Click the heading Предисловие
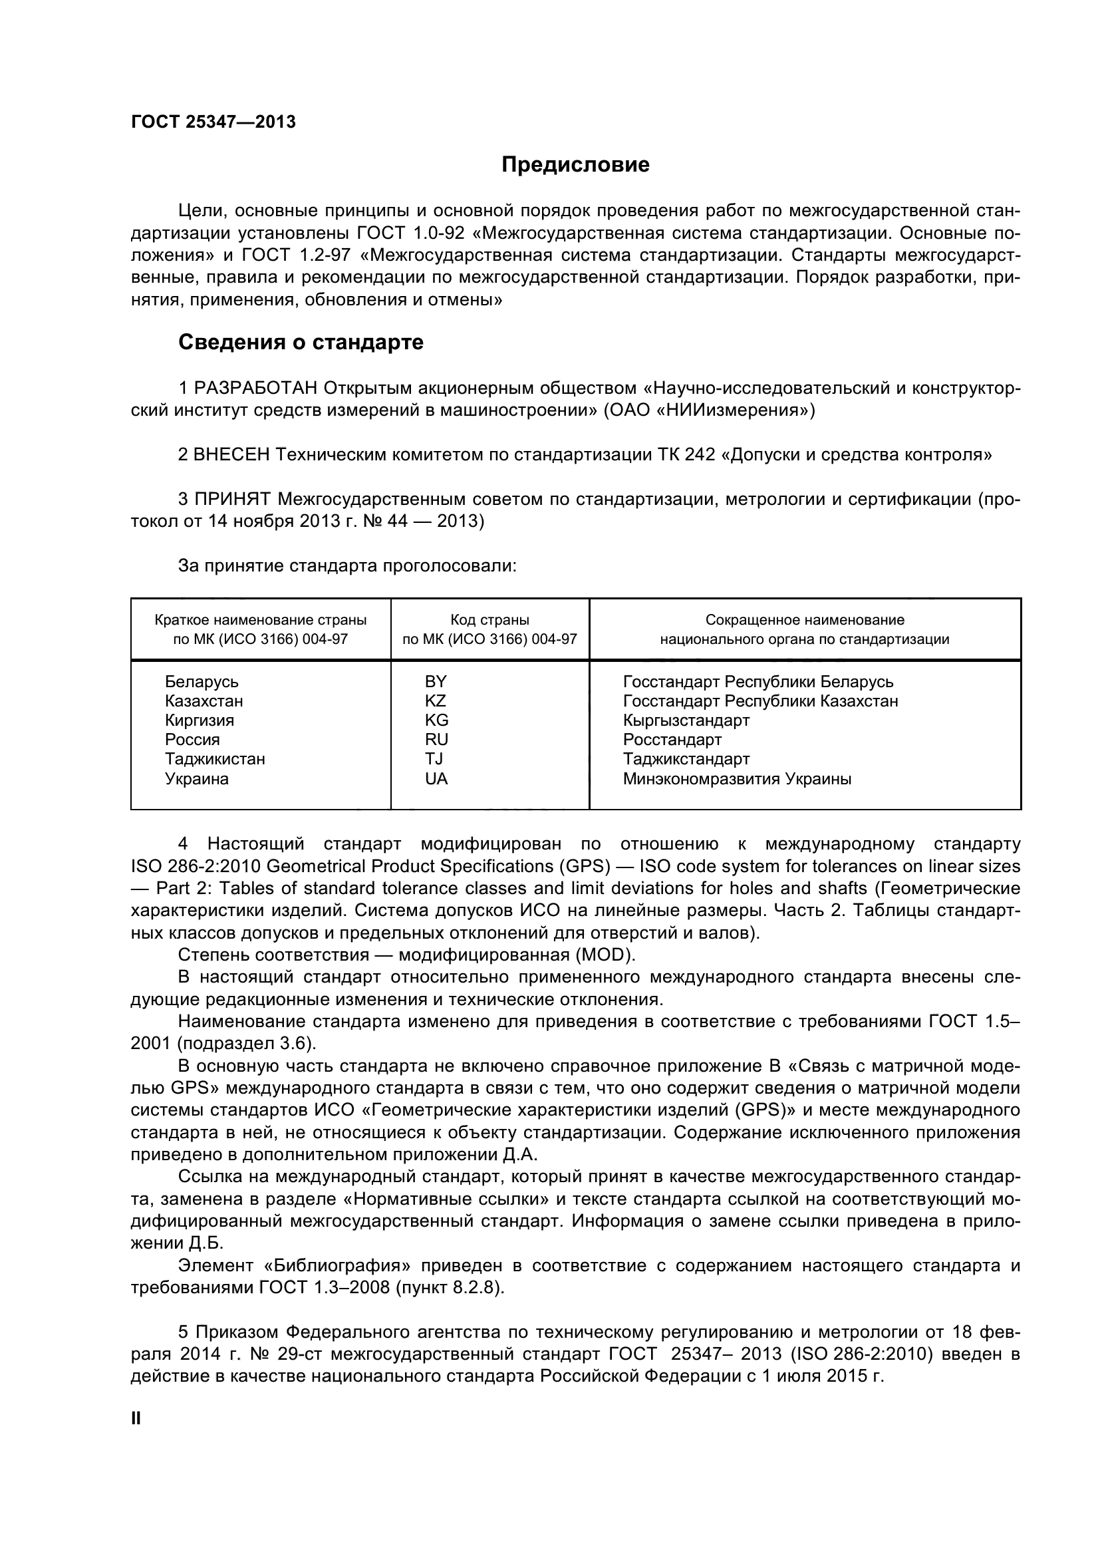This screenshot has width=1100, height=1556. pos(575,165)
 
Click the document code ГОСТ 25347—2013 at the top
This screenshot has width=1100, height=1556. pos(213,122)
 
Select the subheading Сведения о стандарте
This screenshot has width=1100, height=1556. pos(301,342)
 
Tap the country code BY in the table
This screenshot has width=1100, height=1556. pos(436,682)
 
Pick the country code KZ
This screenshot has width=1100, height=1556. pos(436,700)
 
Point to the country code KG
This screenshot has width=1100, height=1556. pos(436,720)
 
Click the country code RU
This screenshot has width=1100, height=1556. pos(436,739)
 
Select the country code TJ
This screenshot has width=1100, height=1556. pos(434,759)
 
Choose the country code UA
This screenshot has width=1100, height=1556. pos(436,779)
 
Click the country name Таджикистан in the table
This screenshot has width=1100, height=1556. pos(215,759)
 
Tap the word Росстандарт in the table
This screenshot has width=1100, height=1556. pos(672,739)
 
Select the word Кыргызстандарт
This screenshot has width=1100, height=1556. pos(686,720)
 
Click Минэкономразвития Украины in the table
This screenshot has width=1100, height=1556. pos(737,779)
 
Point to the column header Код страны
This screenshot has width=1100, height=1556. pos(489,619)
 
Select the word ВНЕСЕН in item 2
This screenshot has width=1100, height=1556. pos(231,454)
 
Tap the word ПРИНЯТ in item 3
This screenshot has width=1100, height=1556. pos(232,500)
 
